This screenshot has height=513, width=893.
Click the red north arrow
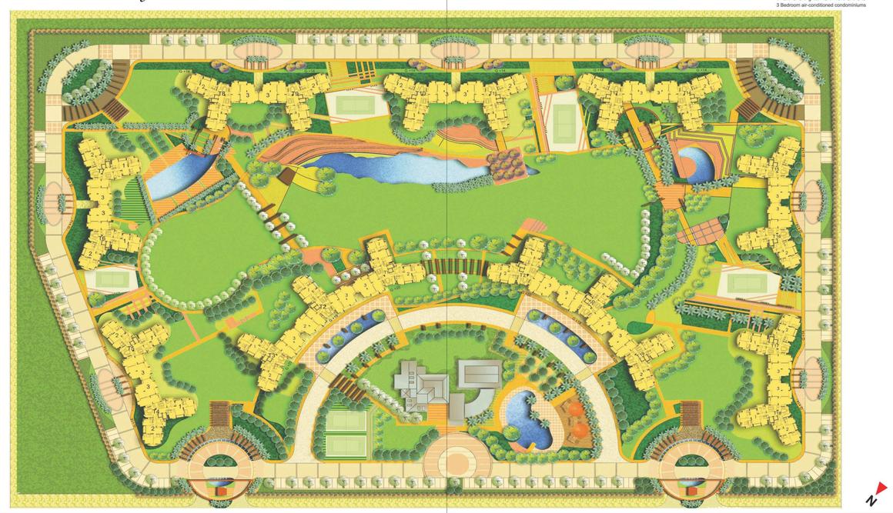(881, 488)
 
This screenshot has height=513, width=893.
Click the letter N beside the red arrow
(871, 501)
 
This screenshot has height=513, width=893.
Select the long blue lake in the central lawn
(393, 167)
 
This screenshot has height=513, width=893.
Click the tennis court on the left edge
(102, 280)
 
